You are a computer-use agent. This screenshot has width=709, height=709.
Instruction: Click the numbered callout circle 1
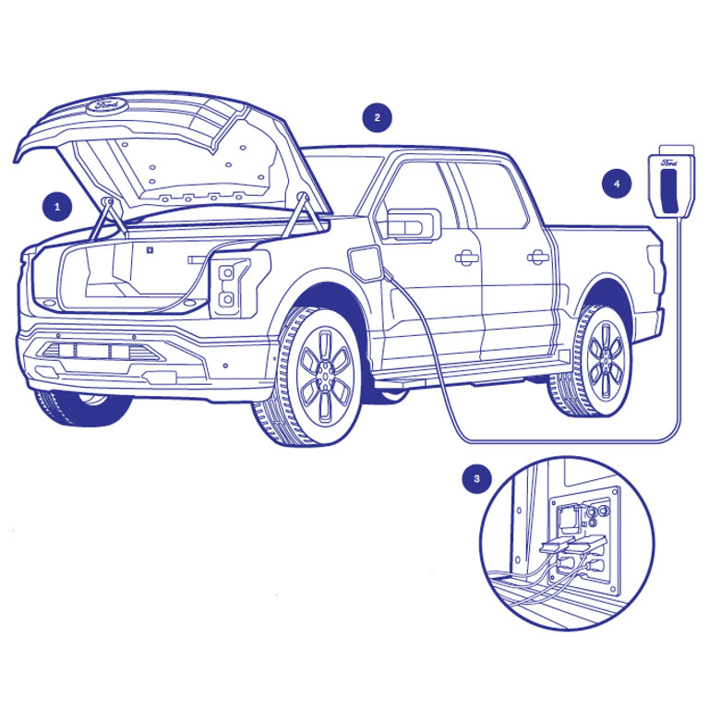pos(57,207)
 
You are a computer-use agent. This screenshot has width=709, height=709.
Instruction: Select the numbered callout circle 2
pos(377,117)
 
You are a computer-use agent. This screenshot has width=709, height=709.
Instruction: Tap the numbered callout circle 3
pos(476,479)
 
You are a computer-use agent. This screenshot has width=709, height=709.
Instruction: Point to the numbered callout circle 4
pos(617,184)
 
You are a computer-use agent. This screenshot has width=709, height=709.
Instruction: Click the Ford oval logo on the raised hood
pos(107,105)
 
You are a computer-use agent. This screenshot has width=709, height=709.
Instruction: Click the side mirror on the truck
pos(414,224)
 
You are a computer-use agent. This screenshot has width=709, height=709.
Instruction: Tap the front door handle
pos(466,258)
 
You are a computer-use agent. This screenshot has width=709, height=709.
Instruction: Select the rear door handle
pos(538,257)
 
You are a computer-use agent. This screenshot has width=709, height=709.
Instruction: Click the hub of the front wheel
pos(325,375)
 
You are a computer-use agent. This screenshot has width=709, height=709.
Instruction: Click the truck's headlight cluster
pos(232,286)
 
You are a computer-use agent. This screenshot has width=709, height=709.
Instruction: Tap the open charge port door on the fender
pos(364,263)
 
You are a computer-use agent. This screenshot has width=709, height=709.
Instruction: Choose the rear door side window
pos(490,196)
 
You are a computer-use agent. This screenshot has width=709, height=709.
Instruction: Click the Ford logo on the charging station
pos(668,163)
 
